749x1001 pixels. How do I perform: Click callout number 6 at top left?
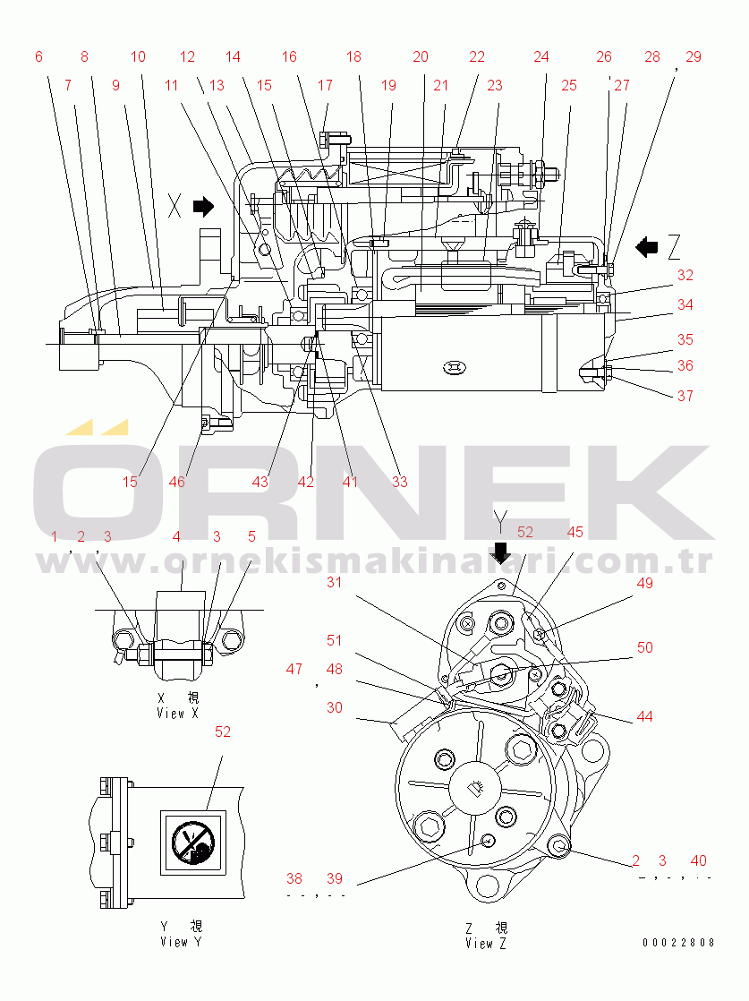tap(38, 56)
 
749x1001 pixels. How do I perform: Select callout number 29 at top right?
tap(694, 56)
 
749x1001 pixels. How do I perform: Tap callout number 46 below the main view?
tap(176, 482)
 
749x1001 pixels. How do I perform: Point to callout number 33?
tap(399, 482)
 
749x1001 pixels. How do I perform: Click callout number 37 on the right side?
tap(685, 395)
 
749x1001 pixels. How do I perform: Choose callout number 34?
tap(685, 304)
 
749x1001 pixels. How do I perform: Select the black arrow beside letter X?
tap(204, 208)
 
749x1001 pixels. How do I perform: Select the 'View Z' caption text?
tap(486, 944)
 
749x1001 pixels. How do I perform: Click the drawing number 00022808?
tap(677, 943)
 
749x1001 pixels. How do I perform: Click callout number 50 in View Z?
tap(645, 647)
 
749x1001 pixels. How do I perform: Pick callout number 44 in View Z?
tap(644, 716)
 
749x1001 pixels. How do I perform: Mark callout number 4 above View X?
tap(176, 537)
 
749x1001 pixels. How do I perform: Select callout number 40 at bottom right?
tap(699, 861)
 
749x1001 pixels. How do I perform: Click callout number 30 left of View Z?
tap(334, 707)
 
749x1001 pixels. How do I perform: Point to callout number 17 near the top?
tap(325, 86)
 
